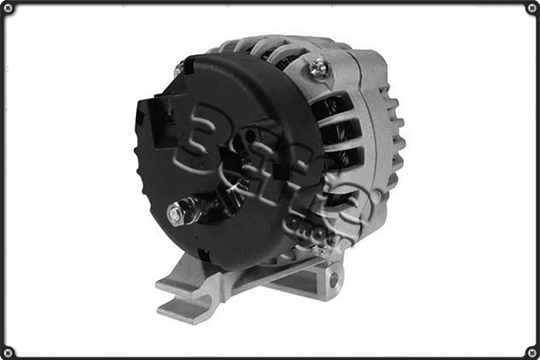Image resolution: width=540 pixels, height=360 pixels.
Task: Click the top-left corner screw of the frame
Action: pos(9,9)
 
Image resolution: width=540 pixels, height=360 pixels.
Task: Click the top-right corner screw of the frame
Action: pos(531,9)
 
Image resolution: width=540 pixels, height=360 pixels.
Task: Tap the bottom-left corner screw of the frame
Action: pos(9,351)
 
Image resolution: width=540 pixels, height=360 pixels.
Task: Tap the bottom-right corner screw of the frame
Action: pos(531,351)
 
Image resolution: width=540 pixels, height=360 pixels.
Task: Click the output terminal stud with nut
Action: pos(177,213)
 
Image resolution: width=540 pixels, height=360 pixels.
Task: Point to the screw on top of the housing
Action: pos(316,65)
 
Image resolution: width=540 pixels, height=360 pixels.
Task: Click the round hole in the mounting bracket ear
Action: pos(333,279)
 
